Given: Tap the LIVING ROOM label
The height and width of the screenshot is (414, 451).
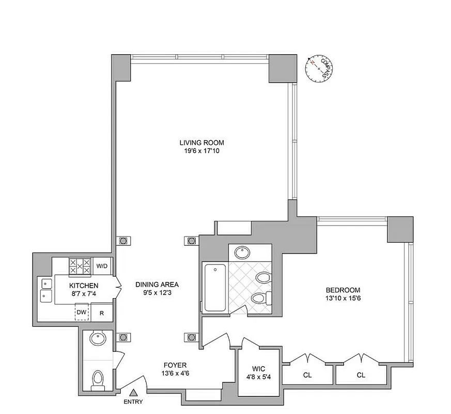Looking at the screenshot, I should coord(202,143).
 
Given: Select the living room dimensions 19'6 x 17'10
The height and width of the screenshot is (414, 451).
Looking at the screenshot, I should coord(202,152).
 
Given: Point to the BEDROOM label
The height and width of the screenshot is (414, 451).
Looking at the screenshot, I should coord(343,290).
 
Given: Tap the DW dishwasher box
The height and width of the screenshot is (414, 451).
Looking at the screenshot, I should coord(82,312).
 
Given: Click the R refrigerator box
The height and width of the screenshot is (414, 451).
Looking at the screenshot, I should coord(102,313).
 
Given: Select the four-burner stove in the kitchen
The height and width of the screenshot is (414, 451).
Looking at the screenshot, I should coord(80,267).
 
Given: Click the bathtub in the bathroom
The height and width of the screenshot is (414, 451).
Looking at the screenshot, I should coord(214,288).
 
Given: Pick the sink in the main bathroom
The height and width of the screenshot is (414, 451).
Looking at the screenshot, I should coord(241,253).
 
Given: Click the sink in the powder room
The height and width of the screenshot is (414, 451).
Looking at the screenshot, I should coord(97,339).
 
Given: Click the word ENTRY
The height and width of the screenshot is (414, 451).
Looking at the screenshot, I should coord(133,402).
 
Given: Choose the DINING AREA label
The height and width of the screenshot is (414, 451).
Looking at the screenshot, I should coord(157,284).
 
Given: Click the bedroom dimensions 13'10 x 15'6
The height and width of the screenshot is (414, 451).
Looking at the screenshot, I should coord(343,299).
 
